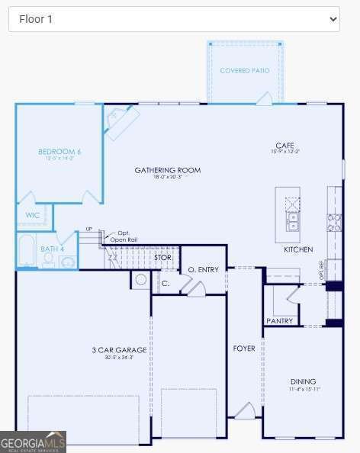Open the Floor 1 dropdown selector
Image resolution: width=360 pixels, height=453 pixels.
[174, 19]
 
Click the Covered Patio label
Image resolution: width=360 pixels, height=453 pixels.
[244, 70]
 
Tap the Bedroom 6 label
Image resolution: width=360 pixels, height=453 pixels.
[59, 152]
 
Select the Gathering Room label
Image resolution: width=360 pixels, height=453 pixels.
[168, 170]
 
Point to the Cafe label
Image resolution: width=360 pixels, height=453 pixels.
[284, 145]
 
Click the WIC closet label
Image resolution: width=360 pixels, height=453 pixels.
[33, 215]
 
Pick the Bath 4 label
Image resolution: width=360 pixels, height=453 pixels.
[53, 249]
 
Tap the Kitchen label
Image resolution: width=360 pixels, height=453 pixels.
[298, 249]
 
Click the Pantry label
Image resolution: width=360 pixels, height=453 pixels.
[280, 321]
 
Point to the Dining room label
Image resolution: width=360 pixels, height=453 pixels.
[303, 381]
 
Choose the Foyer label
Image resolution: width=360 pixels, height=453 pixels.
[244, 349]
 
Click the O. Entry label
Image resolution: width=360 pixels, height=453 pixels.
[204, 269]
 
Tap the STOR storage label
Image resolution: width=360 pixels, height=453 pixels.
[163, 258]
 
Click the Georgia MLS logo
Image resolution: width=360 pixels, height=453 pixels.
[33, 442]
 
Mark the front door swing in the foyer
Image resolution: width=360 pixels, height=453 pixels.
[245, 411]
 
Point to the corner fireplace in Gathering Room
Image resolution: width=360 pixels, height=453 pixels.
[121, 120]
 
